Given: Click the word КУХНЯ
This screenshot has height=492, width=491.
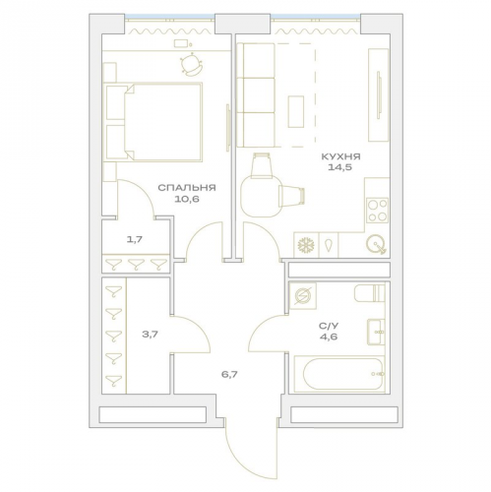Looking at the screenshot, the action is (x=340, y=156).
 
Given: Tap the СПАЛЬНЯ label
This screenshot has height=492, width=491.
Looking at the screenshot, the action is (x=187, y=188).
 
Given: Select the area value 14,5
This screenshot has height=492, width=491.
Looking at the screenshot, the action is (x=339, y=167).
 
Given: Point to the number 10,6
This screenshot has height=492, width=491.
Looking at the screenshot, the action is (x=187, y=199).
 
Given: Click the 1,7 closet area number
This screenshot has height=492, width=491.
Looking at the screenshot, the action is (x=135, y=239).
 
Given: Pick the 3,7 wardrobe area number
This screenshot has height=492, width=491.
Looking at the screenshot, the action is (x=150, y=335).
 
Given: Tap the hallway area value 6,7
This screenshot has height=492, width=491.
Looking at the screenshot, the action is (x=229, y=374).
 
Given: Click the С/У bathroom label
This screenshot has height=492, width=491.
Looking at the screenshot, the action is (x=328, y=326).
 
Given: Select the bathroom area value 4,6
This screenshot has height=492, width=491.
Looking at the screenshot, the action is (x=329, y=337).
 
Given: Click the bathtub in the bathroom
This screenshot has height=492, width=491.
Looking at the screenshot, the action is (x=339, y=374).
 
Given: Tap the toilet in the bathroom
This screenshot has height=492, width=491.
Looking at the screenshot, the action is (x=369, y=293).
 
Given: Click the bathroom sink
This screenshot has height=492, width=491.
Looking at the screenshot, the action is (x=376, y=332).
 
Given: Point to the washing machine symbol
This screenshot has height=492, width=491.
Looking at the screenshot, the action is (x=303, y=295).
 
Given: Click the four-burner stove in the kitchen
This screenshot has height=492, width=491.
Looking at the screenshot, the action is (x=378, y=211).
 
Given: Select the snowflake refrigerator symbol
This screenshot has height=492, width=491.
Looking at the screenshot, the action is (x=306, y=245).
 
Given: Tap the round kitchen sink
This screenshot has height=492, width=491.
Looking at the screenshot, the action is (x=376, y=244).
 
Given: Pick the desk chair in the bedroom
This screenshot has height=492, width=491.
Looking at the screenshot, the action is (x=191, y=64).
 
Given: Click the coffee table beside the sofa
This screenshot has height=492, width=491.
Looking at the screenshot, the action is (x=296, y=111).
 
